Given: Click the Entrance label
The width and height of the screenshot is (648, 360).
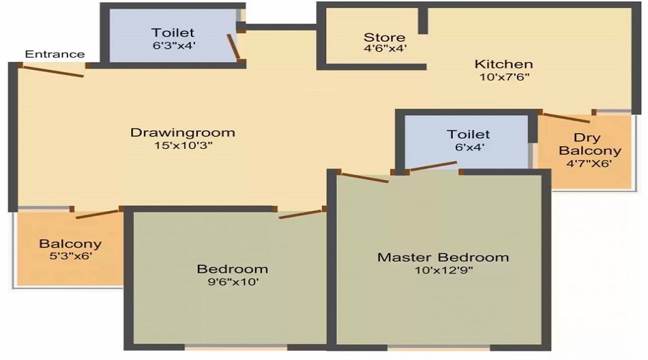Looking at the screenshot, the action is pos(55,54).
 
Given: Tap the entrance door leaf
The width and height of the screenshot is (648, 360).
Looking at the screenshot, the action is pos(53,71).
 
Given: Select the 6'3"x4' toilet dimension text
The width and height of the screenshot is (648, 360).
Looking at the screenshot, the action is pos(174,45).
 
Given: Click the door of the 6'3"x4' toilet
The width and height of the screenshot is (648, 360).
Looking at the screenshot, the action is pos(233,46).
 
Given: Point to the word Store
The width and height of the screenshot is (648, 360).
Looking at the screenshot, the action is pos(384,37).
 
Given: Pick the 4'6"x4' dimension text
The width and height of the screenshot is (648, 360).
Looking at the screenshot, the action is pos(384,48).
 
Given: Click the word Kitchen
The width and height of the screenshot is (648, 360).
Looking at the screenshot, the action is pos(504,64).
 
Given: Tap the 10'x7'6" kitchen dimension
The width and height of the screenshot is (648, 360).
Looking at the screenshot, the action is pos(504,77).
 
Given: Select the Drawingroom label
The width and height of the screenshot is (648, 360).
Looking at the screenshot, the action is pos(183,132).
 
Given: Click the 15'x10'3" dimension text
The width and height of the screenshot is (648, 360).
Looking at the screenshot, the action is pos(183,145).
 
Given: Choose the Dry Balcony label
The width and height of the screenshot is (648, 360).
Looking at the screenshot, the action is pos(590,144).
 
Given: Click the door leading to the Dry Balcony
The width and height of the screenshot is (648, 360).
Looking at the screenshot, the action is pos(566,117).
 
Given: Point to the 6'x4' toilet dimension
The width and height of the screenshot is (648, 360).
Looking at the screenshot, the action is pos(469,147).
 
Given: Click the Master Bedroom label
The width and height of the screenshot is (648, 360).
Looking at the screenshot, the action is pos(443,257).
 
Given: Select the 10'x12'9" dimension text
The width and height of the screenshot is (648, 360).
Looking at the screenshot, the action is pos(444,270).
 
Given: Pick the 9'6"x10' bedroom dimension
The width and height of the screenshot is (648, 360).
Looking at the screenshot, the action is pos(233,282).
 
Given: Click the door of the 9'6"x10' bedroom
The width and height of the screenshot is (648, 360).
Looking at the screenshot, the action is pos(300,214).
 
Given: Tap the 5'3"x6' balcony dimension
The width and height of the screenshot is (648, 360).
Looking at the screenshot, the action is pos(71,256).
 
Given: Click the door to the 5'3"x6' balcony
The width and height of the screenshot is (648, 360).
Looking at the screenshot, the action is pos(97,214).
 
